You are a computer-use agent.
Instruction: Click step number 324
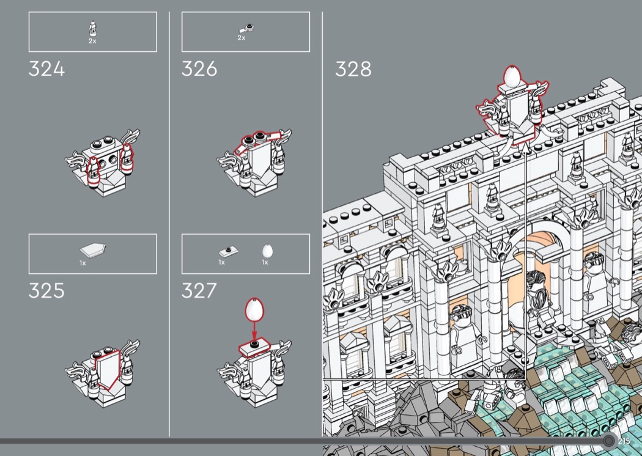point(46,69)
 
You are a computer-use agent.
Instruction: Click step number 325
point(46,290)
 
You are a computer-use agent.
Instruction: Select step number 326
point(199,69)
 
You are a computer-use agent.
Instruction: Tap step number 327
point(199,290)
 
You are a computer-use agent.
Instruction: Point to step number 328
point(353,69)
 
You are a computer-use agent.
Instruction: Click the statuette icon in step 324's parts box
point(92,29)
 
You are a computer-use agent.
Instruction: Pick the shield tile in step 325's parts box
point(93,249)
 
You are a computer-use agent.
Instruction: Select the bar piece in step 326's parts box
point(246,29)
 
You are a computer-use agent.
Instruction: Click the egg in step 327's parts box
point(267,251)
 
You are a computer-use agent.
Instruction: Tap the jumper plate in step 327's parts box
point(229,251)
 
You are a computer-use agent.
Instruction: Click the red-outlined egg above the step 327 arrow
point(254,309)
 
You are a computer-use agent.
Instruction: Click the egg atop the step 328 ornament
point(512,76)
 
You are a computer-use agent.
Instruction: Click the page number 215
point(624,441)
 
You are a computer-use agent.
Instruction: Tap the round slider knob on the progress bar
point(609,441)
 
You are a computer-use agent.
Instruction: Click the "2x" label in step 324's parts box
point(92,41)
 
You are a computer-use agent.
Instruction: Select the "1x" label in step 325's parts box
point(83,263)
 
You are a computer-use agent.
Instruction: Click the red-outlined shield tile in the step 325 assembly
point(108,369)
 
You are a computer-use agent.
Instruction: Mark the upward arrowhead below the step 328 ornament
point(525,148)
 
